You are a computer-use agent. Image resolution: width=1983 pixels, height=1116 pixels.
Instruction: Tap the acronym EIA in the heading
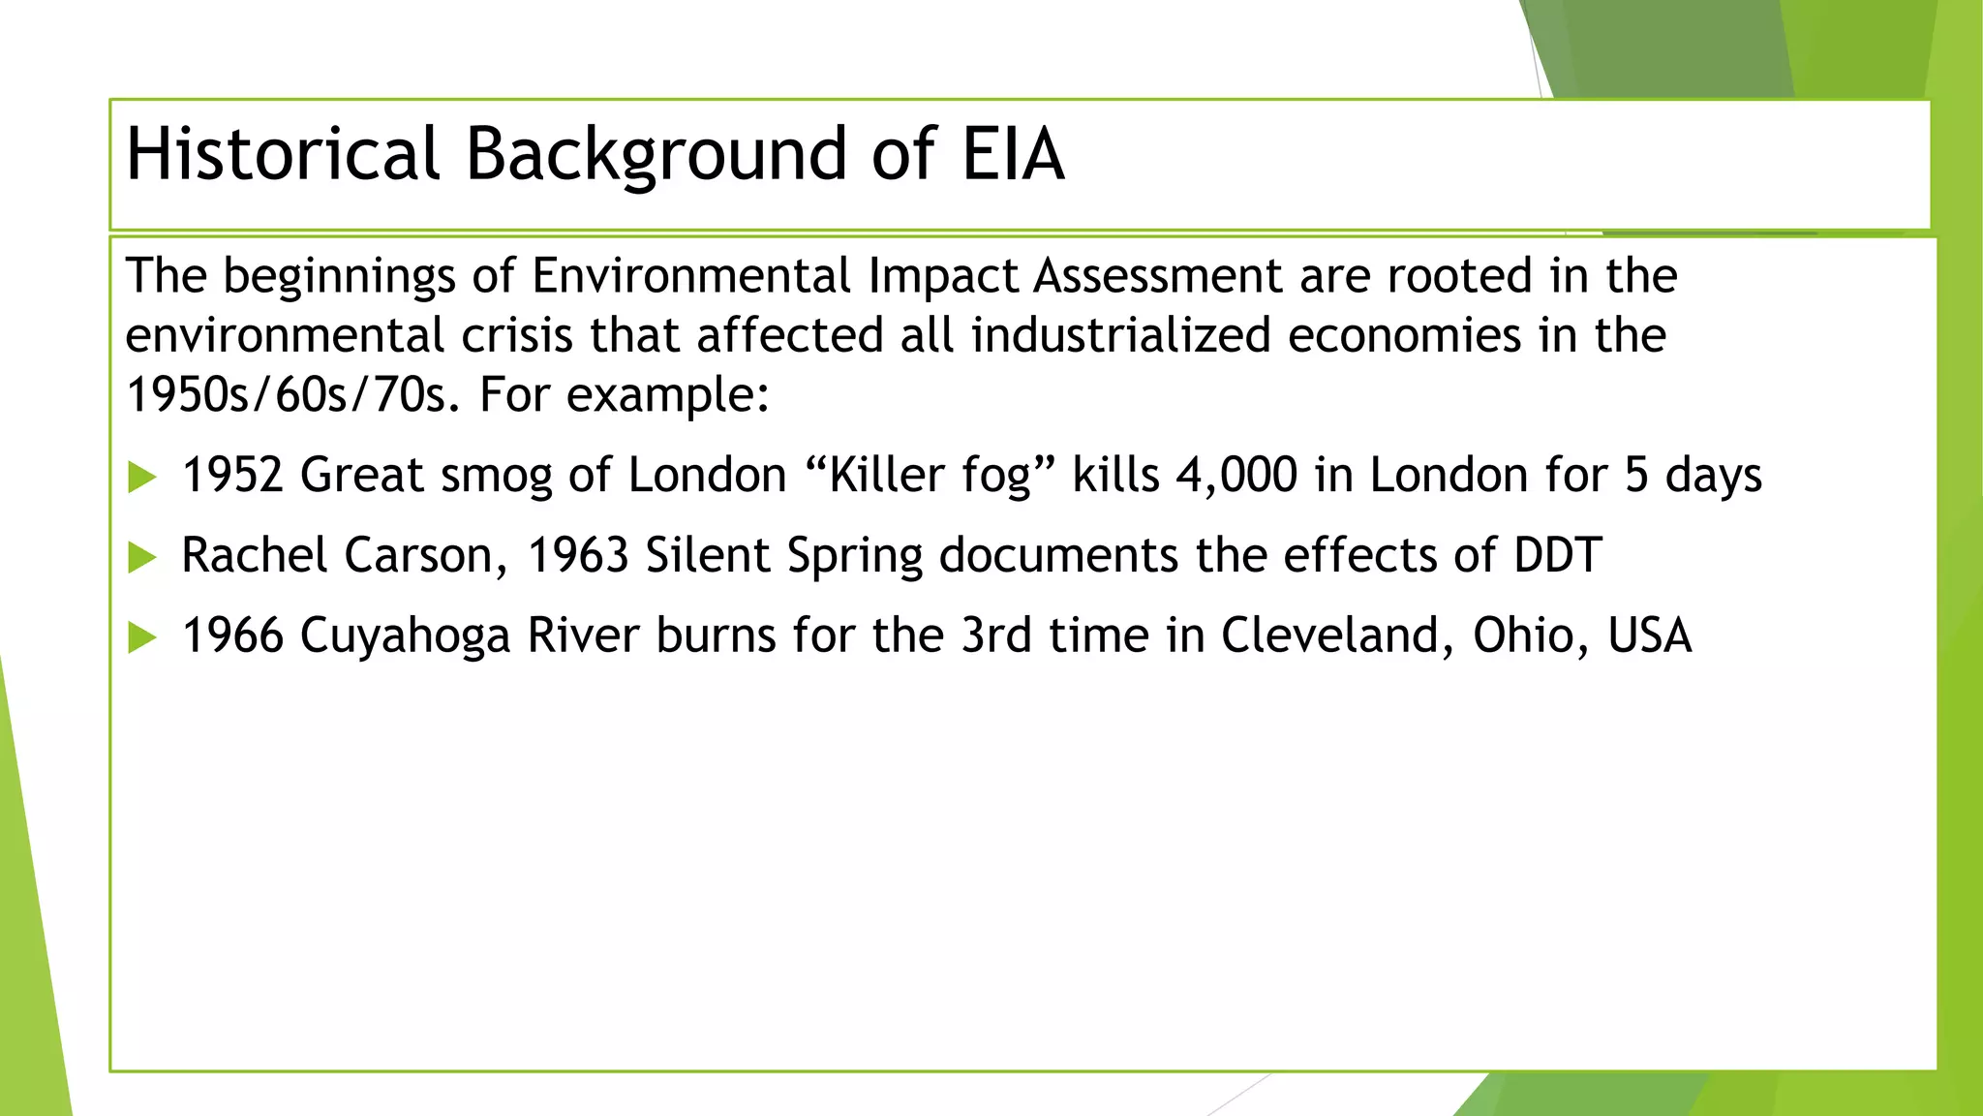coord(1013,155)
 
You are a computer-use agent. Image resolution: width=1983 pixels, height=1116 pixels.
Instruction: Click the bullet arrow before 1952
coord(142,477)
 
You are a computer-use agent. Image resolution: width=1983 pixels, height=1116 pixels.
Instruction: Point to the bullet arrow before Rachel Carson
coord(142,557)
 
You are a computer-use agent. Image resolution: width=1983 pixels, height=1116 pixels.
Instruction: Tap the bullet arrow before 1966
coord(142,637)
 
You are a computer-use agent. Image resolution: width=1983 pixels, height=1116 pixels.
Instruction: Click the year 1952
coord(232,476)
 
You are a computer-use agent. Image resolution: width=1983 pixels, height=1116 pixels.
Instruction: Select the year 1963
coord(578,556)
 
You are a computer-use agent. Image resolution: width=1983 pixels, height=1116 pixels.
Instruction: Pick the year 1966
coord(232,636)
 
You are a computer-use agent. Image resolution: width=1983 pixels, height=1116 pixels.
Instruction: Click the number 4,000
coord(1236,476)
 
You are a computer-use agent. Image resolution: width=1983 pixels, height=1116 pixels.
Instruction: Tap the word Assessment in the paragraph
coord(1158,276)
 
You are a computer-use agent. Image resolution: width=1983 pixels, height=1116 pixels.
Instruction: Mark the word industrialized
coord(1120,336)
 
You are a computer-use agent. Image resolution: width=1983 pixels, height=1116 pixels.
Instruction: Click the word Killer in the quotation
coord(886,476)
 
